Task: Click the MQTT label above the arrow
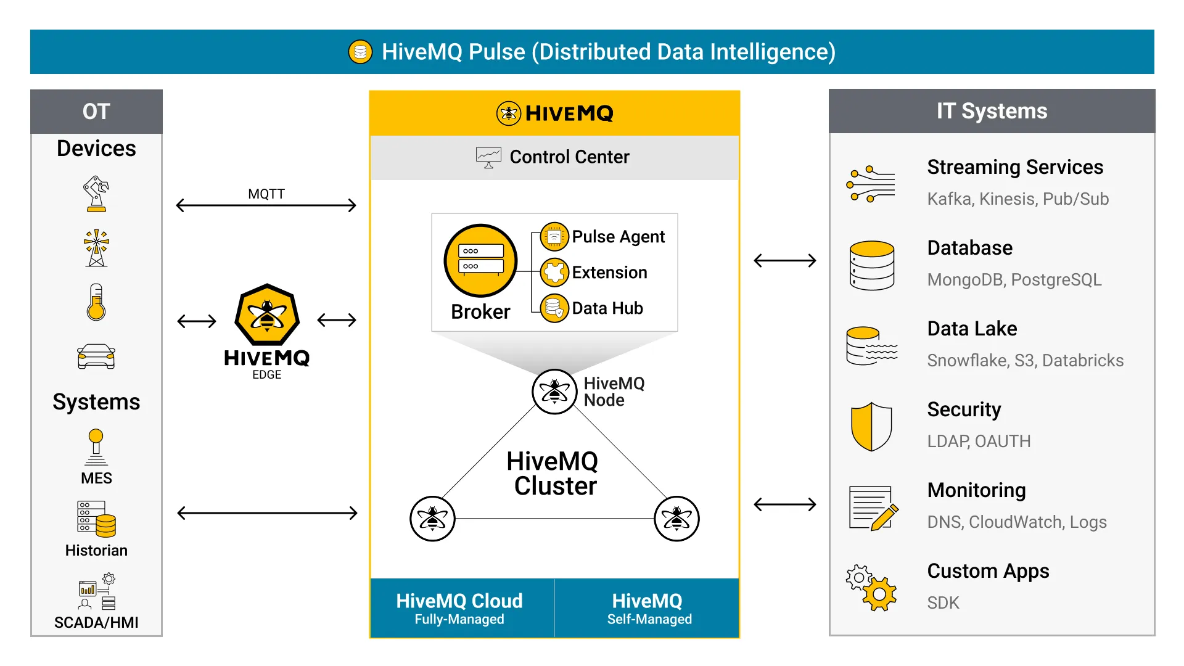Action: pos(266,194)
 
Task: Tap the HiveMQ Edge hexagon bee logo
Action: pos(267,314)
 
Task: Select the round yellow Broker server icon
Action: pos(480,260)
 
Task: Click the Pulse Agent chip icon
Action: pos(554,237)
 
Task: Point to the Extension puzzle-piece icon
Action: pos(554,272)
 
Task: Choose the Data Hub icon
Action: pos(554,308)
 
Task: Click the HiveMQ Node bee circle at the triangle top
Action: pos(554,392)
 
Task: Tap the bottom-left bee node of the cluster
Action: pos(432,519)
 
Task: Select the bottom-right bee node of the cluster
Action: pos(676,519)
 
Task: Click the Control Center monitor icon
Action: pos(488,157)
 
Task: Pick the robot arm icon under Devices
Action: pos(96,194)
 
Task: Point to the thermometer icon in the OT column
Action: pos(96,302)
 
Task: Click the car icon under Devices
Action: pos(96,356)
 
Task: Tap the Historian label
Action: pos(96,550)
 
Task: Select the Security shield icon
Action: pos(871,426)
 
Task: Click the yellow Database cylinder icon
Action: pos(871,265)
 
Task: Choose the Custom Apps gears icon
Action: pos(871,588)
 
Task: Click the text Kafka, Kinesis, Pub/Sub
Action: pos(1017,199)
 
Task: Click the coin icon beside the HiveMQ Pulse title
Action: pos(360,52)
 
